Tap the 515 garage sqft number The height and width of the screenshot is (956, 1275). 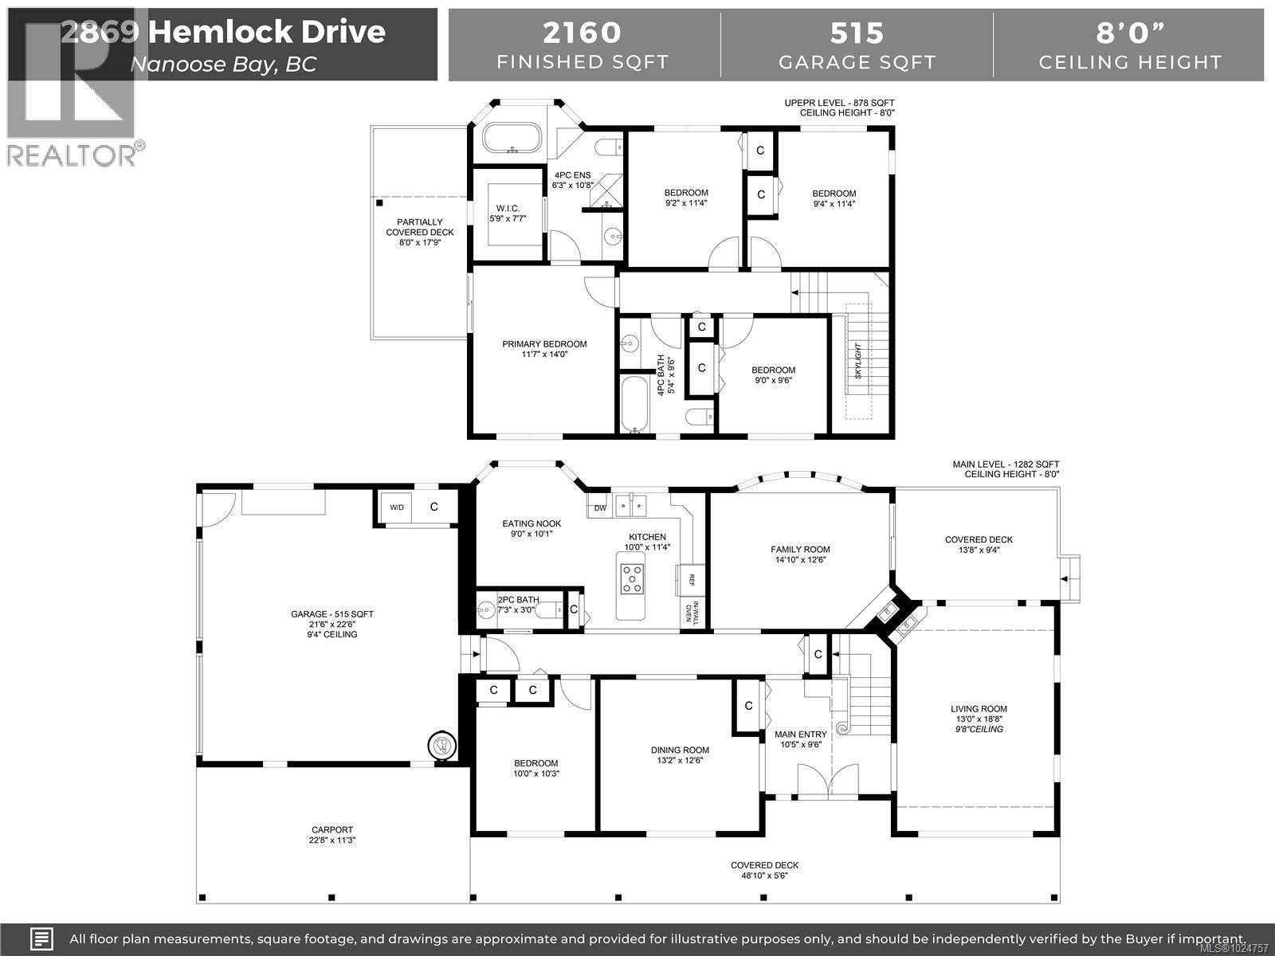tap(857, 33)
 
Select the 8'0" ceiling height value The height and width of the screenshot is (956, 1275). tap(1130, 33)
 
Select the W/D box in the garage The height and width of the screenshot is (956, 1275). tap(396, 507)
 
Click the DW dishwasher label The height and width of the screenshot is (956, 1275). tap(600, 507)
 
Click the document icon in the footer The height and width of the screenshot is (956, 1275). tap(42, 938)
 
